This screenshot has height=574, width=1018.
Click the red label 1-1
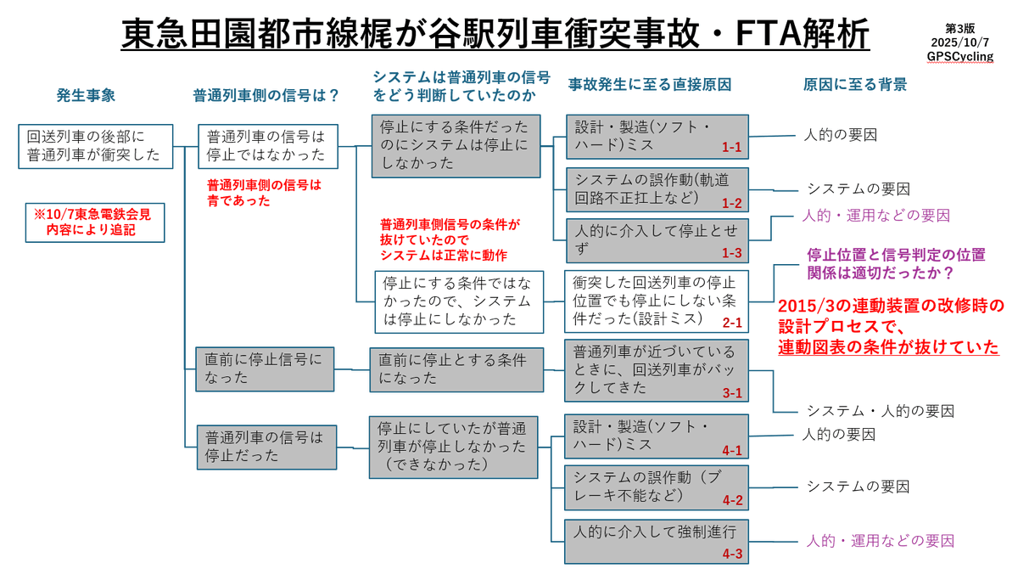pos(731,148)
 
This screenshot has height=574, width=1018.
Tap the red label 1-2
pos(731,204)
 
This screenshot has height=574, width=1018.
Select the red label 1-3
pos(731,253)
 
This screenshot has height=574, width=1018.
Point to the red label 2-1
pos(731,323)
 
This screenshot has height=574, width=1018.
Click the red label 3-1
pos(731,392)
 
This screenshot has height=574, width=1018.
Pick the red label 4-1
pos(731,450)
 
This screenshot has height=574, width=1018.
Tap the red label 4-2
pos(731,500)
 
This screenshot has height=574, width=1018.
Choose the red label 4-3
pos(731,553)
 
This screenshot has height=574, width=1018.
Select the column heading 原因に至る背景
pos(855,85)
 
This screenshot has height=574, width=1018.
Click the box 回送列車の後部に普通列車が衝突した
pos(95,145)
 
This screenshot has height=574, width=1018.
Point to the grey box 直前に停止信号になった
pos(264,369)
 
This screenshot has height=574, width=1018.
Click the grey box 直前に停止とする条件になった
pos(456,369)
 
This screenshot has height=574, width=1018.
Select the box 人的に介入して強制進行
pos(656,533)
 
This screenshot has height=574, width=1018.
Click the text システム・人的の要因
pos(880,411)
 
